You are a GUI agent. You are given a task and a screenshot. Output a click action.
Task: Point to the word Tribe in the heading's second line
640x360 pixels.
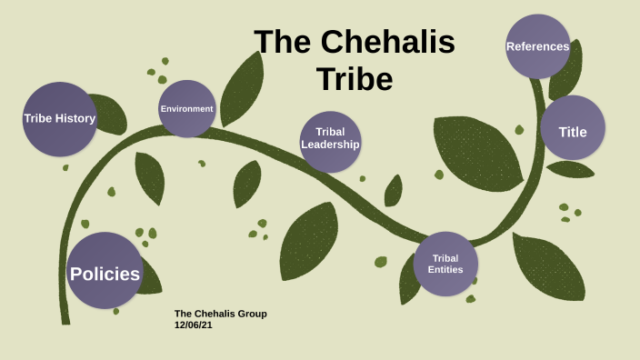(355, 79)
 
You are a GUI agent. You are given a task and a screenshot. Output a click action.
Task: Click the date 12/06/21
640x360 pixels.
(194, 324)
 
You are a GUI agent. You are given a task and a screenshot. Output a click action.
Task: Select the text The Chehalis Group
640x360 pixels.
(220, 314)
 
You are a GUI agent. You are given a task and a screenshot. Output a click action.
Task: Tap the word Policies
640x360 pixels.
(105, 274)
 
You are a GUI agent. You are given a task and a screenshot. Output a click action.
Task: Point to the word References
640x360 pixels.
(537, 46)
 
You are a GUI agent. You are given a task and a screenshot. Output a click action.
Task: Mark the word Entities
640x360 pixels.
(445, 269)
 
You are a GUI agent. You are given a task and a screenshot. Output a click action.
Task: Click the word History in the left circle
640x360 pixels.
(75, 117)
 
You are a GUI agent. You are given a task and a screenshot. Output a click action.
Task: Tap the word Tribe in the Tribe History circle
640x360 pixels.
(39, 117)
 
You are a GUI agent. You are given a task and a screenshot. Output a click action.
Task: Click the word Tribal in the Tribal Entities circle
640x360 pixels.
(445, 258)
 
